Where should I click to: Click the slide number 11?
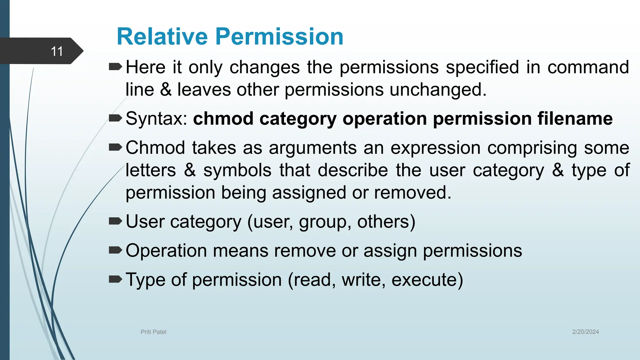57,51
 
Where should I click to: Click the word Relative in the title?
162,37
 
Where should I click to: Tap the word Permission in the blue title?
279,37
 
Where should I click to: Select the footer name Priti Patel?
153,332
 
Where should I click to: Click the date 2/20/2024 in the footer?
585,332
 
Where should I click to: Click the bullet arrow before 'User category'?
115,221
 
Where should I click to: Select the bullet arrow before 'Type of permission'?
115,279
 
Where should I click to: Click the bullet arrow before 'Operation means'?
115,250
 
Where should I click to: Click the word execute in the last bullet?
427,280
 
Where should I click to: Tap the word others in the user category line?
383,222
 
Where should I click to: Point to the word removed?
412,193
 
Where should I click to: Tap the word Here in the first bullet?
146,67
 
